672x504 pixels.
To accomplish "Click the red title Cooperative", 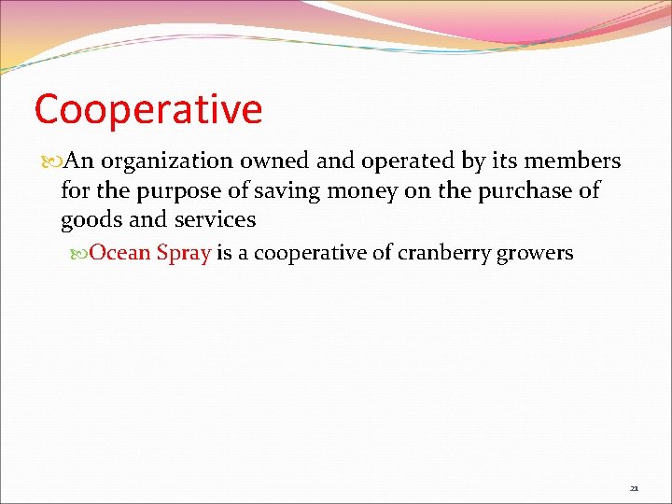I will coord(148,110).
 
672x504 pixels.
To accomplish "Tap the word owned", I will coord(277,161).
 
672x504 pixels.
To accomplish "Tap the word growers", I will coord(538,254).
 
